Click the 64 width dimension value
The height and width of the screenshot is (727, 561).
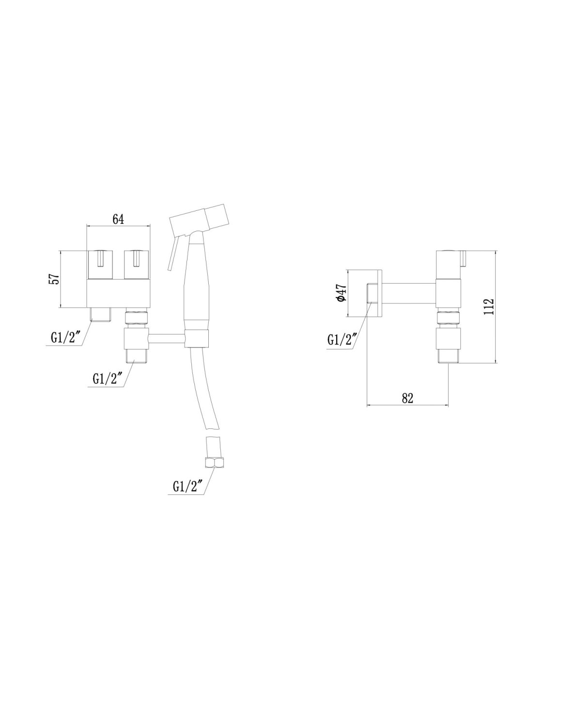(118, 219)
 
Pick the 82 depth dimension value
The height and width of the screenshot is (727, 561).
(407, 398)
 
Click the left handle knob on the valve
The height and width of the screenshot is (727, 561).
(100, 265)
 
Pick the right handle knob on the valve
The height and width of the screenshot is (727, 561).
(137, 265)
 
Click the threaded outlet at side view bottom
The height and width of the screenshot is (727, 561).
(448, 356)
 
